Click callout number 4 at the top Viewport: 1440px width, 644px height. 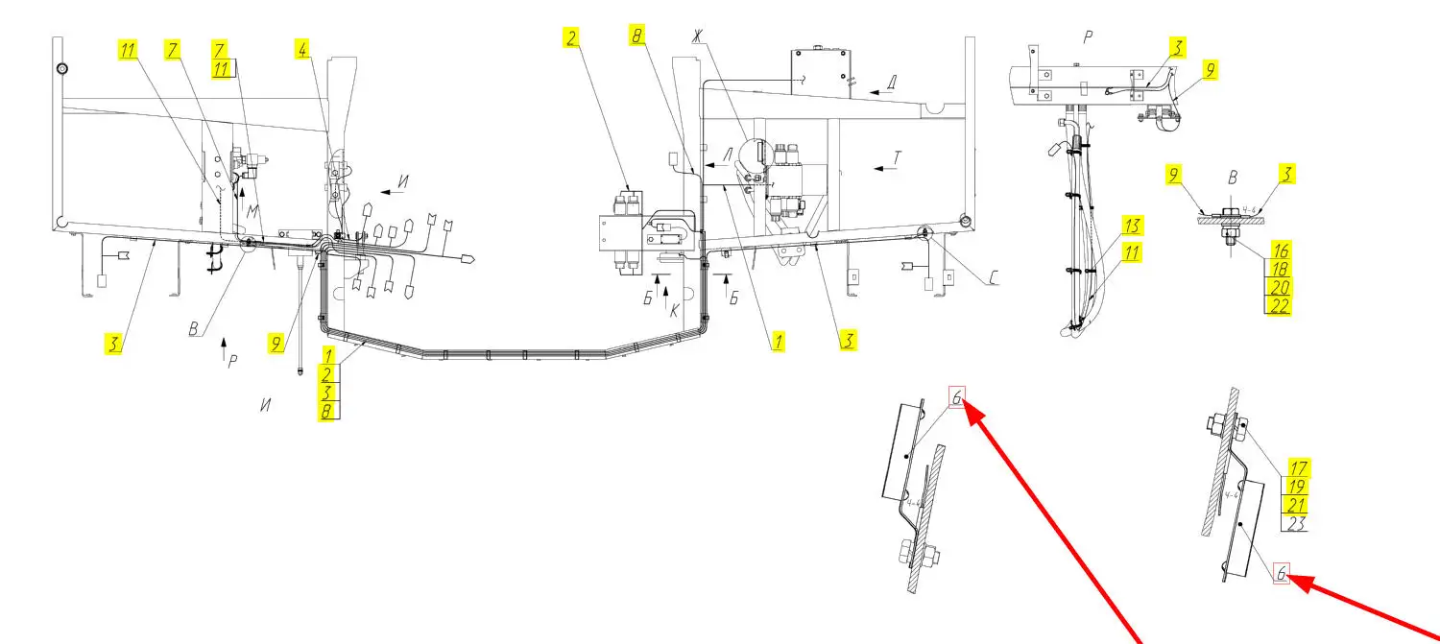click(303, 50)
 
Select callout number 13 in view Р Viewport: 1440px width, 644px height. click(1133, 227)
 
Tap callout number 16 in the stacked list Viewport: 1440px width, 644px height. click(1278, 250)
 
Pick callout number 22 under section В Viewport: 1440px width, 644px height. click(1278, 306)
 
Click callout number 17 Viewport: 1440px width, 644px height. click(1297, 468)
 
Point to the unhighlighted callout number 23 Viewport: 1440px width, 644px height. click(1297, 524)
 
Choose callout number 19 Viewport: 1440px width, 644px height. click(1297, 487)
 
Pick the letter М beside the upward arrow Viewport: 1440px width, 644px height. click(252, 210)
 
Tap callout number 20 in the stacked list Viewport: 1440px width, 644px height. click(1278, 288)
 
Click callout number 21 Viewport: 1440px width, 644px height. click(1297, 506)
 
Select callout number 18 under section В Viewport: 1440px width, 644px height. click(1278, 269)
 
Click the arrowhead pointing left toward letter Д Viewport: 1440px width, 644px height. click(872, 92)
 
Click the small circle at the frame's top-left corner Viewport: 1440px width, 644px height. click(61, 69)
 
